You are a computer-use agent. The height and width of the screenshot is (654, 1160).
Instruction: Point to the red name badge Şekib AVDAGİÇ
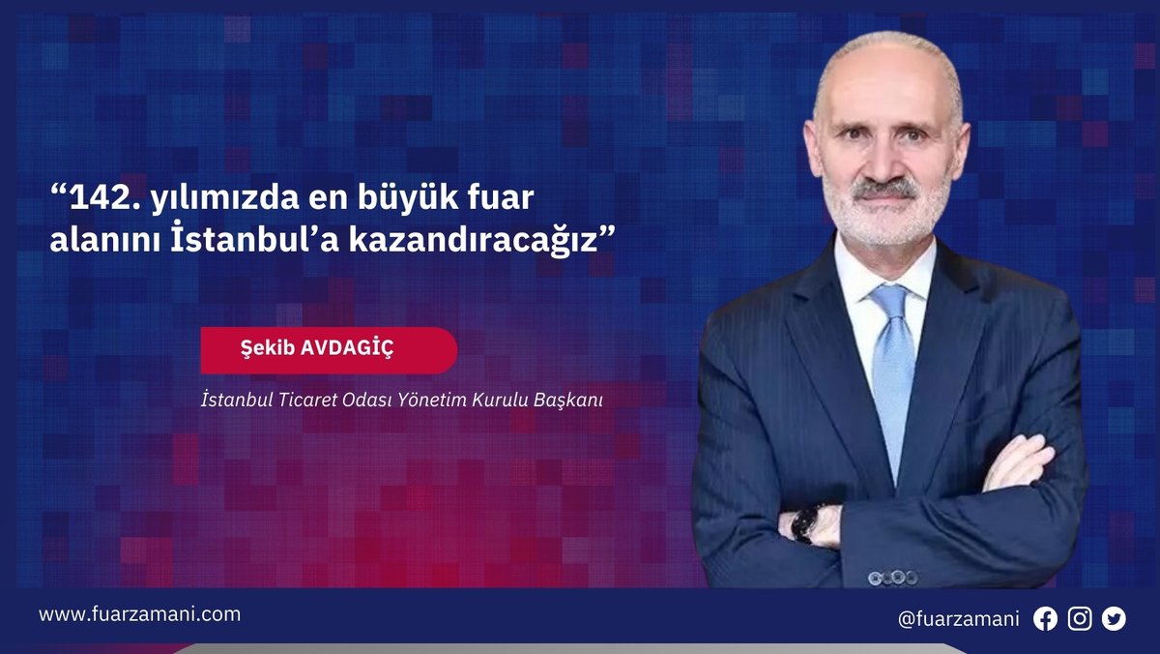(329, 350)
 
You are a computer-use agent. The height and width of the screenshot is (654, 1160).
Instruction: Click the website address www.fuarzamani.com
(139, 614)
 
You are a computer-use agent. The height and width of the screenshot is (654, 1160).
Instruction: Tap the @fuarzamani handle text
(958, 619)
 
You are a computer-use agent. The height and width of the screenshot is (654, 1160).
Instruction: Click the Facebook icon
(1045, 619)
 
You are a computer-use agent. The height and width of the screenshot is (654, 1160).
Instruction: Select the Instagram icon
(1080, 619)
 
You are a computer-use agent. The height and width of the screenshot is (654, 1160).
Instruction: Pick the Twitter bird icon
(1114, 619)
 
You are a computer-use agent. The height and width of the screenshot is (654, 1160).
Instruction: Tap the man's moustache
(885, 188)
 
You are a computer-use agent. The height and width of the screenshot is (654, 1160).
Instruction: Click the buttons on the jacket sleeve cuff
(891, 578)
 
